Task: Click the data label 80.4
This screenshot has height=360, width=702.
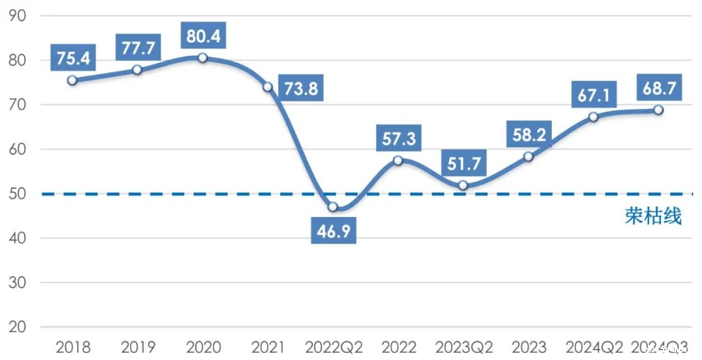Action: click(x=202, y=36)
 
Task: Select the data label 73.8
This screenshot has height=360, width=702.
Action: click(x=300, y=88)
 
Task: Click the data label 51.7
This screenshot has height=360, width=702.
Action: click(x=463, y=163)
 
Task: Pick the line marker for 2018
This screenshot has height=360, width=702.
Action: click(x=72, y=81)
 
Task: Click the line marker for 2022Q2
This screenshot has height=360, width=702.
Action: click(x=333, y=207)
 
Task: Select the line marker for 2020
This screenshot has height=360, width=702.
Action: click(x=202, y=58)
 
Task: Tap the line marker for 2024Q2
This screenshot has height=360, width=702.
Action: click(x=593, y=117)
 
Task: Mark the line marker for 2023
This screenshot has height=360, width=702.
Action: click(x=528, y=157)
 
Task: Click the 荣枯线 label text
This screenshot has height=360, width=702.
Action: click(x=653, y=216)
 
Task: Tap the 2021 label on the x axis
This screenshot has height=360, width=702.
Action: click(x=268, y=347)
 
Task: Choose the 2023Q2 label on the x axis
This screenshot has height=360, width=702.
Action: click(x=463, y=347)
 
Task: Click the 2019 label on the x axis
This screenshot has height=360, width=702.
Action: click(x=137, y=347)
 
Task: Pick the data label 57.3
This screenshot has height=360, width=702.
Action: click(x=398, y=138)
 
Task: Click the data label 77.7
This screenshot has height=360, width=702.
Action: click(x=137, y=47)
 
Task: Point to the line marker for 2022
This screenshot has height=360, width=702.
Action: click(x=398, y=161)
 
